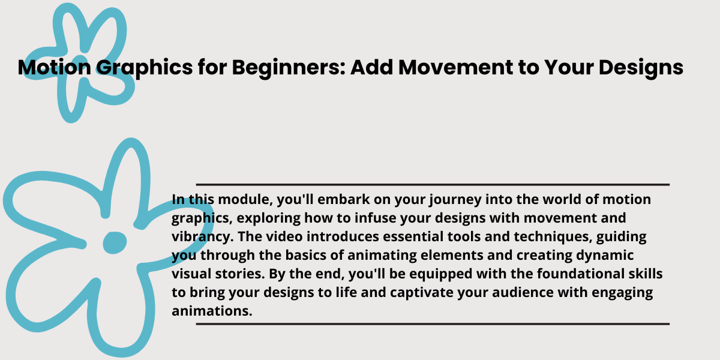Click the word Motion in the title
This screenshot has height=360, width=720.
(x=55, y=67)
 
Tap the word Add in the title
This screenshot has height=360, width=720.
(x=371, y=67)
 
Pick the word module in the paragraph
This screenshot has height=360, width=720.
(x=245, y=200)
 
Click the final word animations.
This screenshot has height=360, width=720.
(x=212, y=311)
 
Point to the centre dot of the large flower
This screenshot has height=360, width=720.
(x=115, y=242)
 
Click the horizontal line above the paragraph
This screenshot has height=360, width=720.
(x=433, y=185)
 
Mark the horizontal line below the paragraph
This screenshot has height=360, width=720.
(x=433, y=324)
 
